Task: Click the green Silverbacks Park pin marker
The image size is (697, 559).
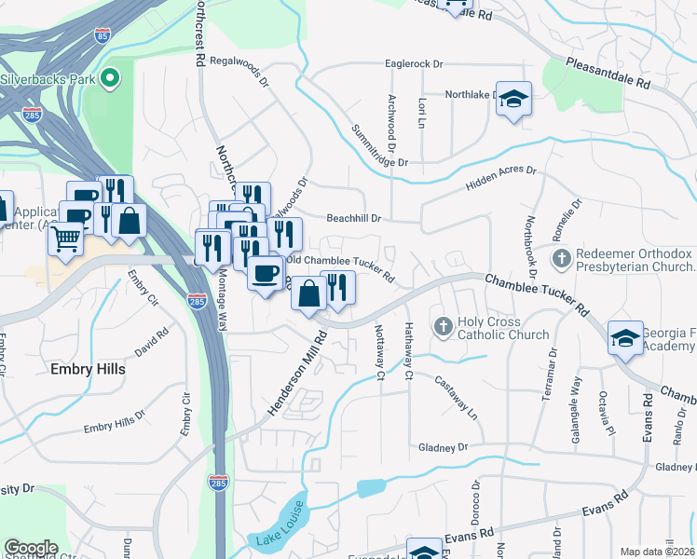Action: tap(111, 78)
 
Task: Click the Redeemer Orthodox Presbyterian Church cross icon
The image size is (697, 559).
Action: tap(560, 257)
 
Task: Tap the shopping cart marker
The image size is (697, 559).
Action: tap(65, 239)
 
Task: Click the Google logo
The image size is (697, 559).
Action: tap(32, 548)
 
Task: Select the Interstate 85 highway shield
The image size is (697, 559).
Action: tap(102, 36)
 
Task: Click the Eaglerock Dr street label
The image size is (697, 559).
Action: tap(415, 64)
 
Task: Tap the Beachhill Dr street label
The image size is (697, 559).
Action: tap(354, 219)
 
